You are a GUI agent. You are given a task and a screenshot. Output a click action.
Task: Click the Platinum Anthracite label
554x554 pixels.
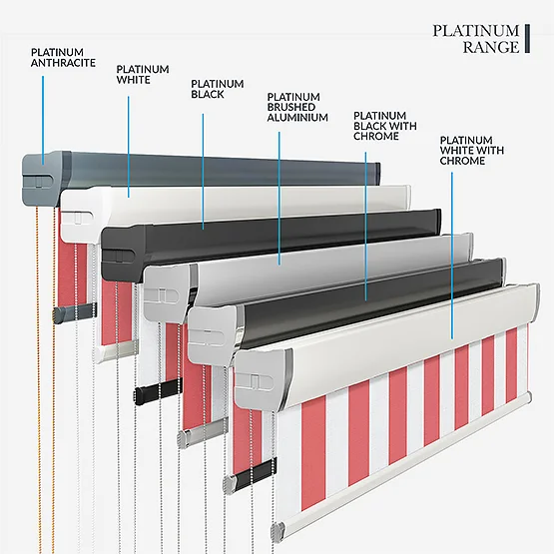tap(63, 58)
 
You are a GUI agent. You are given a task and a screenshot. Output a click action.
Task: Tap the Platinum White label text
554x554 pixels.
tap(143, 74)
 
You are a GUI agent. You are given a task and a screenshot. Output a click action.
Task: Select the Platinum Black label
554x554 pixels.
tap(218, 89)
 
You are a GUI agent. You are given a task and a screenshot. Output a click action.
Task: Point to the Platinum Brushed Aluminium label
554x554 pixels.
tap(297, 107)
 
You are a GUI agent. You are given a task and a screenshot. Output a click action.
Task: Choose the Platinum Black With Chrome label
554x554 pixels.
tap(385, 126)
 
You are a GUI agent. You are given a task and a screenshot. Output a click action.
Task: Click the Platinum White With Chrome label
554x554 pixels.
tap(472, 150)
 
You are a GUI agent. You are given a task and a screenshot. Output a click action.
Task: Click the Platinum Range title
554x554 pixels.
tap(476, 39)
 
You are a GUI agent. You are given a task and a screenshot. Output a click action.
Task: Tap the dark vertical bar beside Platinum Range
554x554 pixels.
tap(527, 39)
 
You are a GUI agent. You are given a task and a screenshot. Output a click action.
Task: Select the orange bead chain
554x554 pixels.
tap(45, 378)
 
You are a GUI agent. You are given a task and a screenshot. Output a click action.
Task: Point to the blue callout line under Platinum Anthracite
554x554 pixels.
tap(43, 120)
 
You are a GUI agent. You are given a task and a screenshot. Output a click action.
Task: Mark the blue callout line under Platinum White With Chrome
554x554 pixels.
tap(452, 256)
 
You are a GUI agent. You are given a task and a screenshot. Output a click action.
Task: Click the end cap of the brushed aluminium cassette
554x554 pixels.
tap(168, 292)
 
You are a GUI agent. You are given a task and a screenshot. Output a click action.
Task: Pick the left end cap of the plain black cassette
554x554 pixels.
tap(124, 253)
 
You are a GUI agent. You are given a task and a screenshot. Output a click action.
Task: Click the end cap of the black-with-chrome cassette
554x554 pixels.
tap(214, 335)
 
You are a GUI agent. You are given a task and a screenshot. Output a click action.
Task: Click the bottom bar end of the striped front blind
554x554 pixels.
tap(278, 530)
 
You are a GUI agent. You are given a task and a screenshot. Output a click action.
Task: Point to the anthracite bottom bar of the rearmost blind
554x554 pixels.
tap(75, 311)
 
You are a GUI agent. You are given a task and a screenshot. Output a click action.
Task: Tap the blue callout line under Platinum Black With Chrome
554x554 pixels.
tap(365, 227)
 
